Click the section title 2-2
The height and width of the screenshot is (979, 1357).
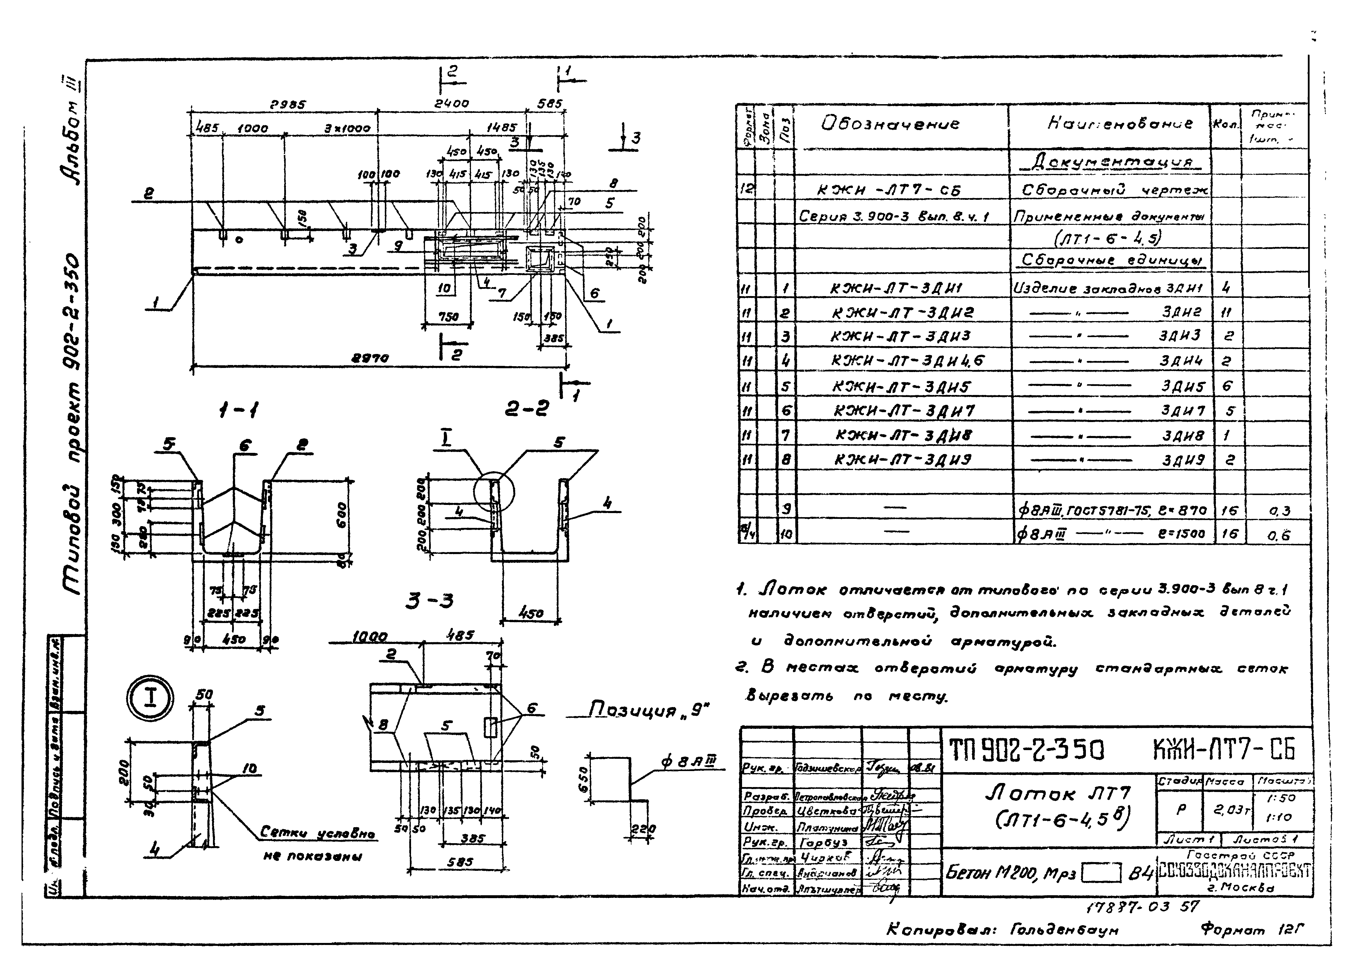click(x=527, y=409)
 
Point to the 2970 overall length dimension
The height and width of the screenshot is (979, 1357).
click(x=370, y=358)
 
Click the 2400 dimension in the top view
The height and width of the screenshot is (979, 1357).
click(x=452, y=104)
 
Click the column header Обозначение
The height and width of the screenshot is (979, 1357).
click(x=890, y=124)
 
